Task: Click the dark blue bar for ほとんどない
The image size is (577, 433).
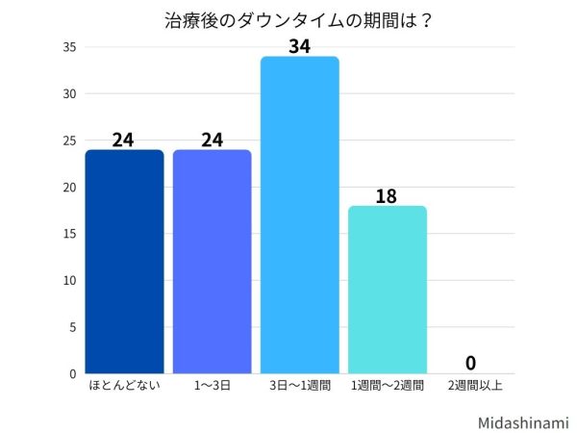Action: coord(123,262)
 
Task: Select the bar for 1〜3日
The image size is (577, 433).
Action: coord(212,262)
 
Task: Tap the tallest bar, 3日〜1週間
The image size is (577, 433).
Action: coord(300,216)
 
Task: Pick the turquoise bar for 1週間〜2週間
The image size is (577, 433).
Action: coord(388,290)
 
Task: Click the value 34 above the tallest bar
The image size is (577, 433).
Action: coord(300,44)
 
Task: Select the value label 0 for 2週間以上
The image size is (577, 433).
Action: coord(470,363)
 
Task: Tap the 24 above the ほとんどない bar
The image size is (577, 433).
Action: coord(123,139)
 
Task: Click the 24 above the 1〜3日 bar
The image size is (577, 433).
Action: coord(212,139)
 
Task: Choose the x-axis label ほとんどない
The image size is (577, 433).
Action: coord(123,386)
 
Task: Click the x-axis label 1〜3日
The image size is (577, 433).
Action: coord(212,386)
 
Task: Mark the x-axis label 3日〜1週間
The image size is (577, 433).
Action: coord(300,386)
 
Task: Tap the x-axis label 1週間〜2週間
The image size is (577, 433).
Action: coord(388,386)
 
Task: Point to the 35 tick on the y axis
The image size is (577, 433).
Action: coord(69,47)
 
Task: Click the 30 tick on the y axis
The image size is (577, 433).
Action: coord(69,94)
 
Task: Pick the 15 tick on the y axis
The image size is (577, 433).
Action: coord(69,234)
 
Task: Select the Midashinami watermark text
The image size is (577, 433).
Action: coord(523,421)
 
